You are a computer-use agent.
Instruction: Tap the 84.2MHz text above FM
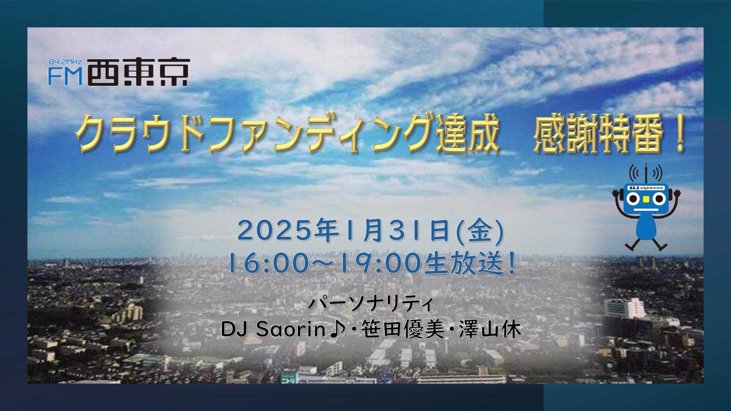click(65, 62)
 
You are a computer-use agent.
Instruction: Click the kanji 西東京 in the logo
click(139, 72)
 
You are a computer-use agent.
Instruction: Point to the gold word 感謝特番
click(598, 133)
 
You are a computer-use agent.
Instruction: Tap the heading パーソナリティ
click(371, 303)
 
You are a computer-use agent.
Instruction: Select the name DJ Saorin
click(273, 329)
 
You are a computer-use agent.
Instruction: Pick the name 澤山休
click(490, 329)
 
